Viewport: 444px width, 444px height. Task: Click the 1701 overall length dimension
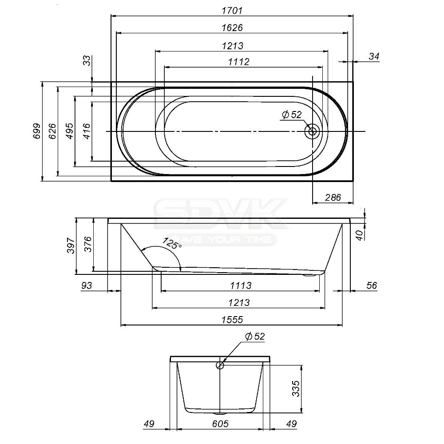tap(232, 11)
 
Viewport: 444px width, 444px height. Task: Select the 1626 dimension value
tap(232, 28)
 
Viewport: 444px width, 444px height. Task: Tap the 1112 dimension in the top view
tap(239, 61)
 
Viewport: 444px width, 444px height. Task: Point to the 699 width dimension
tap(37, 131)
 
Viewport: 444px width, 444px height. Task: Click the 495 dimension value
tap(70, 131)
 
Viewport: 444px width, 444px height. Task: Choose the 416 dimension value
tap(87, 131)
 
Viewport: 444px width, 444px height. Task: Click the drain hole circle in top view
tap(312, 131)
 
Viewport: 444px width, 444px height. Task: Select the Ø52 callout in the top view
tap(292, 115)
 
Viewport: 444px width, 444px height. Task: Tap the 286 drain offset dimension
tap(333, 198)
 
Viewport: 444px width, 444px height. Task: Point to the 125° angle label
tap(172, 243)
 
